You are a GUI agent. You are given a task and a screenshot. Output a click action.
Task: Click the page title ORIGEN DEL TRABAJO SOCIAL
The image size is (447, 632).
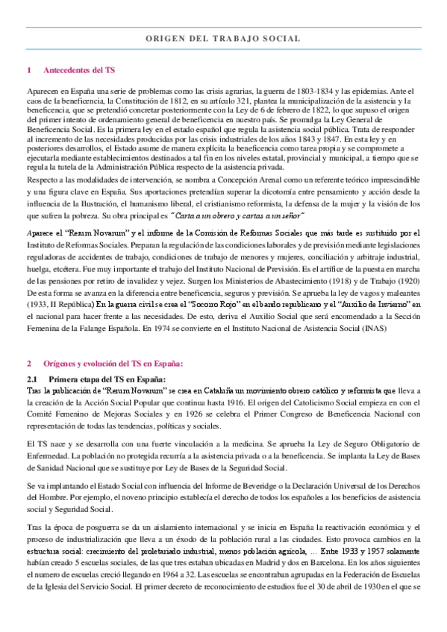coord(223,38)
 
